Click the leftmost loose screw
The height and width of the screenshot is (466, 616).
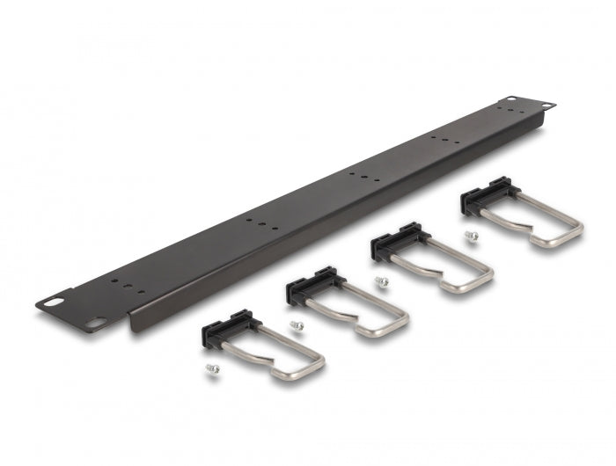click(x=210, y=369)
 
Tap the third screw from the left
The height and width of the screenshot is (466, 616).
click(x=382, y=281)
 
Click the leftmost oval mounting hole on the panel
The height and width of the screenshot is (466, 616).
click(x=55, y=301)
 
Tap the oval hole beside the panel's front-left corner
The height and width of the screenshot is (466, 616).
click(x=93, y=323)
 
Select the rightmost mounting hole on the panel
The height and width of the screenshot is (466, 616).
click(x=547, y=105)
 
